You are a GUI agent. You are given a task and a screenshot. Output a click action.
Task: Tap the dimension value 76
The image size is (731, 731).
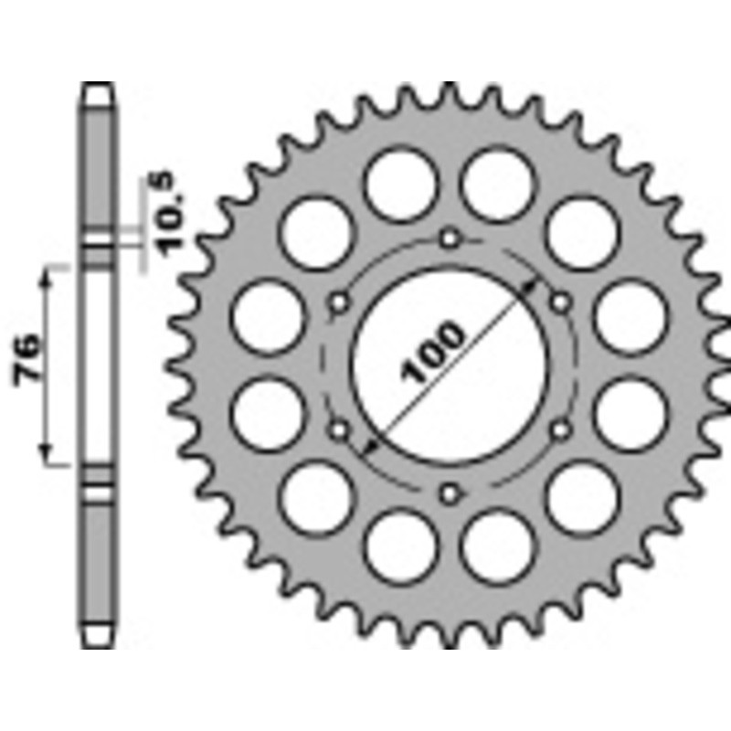(27, 359)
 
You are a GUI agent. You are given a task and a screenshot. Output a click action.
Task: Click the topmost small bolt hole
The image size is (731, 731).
(449, 239)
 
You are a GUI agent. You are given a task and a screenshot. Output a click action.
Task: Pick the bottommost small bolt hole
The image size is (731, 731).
(449, 494)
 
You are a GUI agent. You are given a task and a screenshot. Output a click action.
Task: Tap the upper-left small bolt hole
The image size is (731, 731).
(339, 302)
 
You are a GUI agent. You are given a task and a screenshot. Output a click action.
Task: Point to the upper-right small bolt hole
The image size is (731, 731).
(559, 302)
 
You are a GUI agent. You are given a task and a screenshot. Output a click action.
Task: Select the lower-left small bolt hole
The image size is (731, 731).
(339, 428)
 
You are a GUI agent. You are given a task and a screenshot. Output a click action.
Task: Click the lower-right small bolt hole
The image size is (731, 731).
(559, 428)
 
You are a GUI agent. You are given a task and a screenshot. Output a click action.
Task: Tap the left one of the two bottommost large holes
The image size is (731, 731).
(399, 546)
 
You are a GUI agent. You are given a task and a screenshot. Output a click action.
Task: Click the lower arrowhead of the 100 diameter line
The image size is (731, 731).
(369, 447)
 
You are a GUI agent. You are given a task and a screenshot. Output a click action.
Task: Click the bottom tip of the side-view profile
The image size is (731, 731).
(98, 642)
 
